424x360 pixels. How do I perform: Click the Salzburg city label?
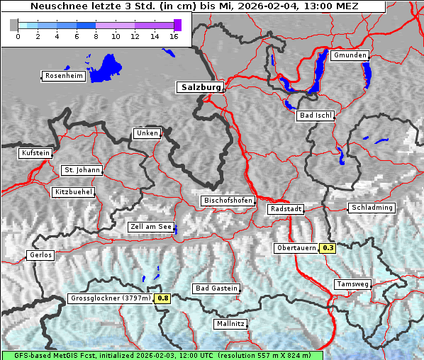click(201, 87)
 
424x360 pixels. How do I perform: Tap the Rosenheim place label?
click(62, 76)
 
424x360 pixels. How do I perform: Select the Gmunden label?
click(350, 55)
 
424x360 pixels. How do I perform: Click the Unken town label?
click(147, 133)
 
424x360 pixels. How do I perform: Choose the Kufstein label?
click(35, 153)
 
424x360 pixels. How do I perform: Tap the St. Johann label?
click(82, 170)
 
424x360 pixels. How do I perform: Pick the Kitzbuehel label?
click(73, 192)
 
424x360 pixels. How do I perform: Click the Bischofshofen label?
click(228, 201)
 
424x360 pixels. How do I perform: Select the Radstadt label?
click(286, 209)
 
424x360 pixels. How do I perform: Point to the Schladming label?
click(372, 208)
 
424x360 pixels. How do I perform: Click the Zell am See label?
click(151, 227)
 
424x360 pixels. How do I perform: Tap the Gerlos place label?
click(40, 255)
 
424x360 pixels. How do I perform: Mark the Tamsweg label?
click(352, 284)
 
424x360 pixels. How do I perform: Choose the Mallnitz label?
click(230, 324)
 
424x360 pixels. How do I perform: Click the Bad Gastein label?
click(216, 288)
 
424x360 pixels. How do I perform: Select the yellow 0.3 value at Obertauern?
click(328, 248)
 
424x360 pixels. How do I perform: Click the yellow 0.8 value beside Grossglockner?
click(163, 298)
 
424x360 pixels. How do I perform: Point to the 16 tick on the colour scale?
click(174, 36)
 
